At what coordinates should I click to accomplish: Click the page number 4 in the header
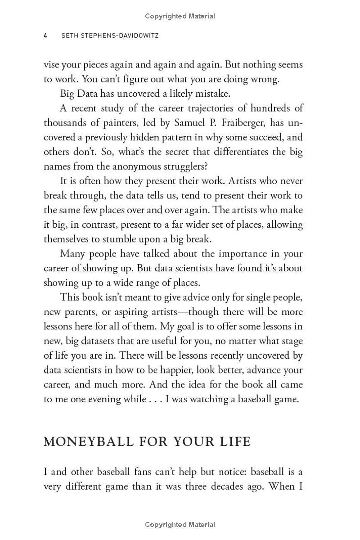[45, 36]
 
